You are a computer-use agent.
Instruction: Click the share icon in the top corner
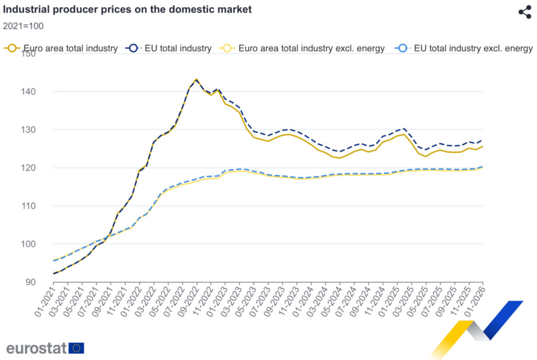pyautogui.click(x=524, y=12)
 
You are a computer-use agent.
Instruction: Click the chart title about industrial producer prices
pyautogui.click(x=127, y=9)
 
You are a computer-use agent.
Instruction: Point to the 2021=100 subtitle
pyautogui.click(x=24, y=26)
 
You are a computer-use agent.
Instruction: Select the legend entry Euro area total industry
pyautogui.click(x=61, y=48)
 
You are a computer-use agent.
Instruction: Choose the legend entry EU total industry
pyautogui.click(x=169, y=48)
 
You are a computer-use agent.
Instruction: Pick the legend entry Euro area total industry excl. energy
pyautogui.click(x=305, y=48)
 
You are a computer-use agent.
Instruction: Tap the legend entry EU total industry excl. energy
pyautogui.click(x=466, y=48)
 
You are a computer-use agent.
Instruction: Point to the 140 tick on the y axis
pyautogui.click(x=42, y=92)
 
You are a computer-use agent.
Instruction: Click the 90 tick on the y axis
pyautogui.click(x=44, y=282)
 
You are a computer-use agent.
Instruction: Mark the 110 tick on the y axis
pyautogui.click(x=42, y=206)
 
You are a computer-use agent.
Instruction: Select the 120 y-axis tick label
pyautogui.click(x=42, y=168)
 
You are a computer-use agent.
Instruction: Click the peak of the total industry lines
pyautogui.click(x=196, y=80)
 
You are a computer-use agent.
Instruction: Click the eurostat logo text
pyautogui.click(x=37, y=348)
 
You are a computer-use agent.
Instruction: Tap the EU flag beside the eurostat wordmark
pyautogui.click(x=77, y=348)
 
